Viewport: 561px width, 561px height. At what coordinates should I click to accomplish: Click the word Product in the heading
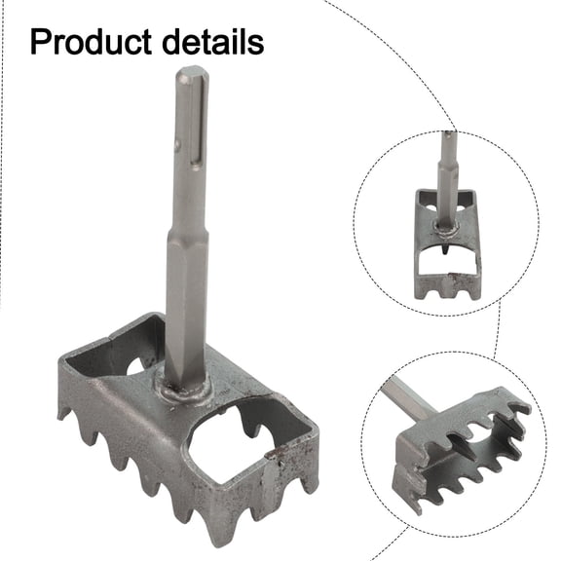pos(90,42)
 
